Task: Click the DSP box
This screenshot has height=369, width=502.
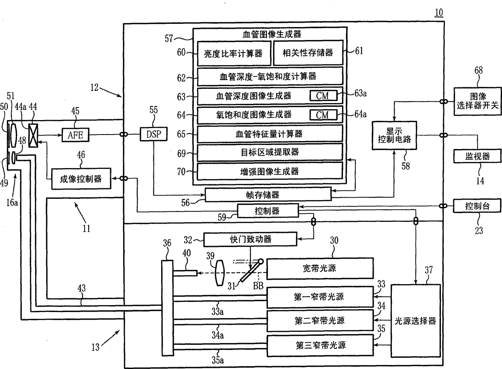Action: click(153, 134)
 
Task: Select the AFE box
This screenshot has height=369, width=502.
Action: click(76, 135)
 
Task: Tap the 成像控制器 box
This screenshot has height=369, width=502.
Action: click(81, 179)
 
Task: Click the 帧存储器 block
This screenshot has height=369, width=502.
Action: click(268, 195)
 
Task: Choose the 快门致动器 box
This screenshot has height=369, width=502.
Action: click(250, 239)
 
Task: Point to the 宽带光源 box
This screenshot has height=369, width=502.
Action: click(320, 268)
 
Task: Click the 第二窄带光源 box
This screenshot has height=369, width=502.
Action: click(320, 321)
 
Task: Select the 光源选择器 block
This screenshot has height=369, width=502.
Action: click(416, 321)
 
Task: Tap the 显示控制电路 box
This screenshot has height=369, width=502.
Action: click(394, 135)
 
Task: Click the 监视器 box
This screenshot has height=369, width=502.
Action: click(477, 156)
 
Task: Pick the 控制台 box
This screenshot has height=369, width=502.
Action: click(477, 206)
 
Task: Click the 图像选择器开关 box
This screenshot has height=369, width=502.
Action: click(478, 101)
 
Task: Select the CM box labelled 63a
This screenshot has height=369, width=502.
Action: click(323, 96)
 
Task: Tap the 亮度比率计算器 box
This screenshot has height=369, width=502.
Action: click(234, 53)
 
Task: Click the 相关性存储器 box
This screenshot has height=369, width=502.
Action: click(308, 53)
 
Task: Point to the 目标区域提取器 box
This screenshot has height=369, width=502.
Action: click(270, 152)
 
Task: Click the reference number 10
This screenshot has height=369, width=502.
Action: click(439, 13)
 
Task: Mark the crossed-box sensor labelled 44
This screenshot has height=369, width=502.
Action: click(33, 136)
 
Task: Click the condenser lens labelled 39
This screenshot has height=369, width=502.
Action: click(219, 273)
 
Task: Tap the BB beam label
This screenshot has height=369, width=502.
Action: click(258, 286)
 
